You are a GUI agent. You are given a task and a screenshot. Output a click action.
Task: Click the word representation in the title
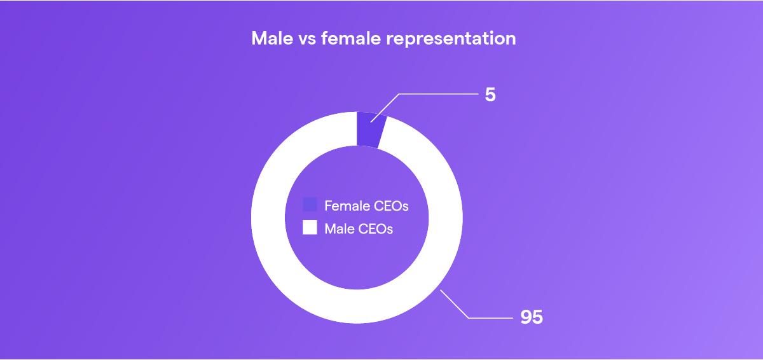451,39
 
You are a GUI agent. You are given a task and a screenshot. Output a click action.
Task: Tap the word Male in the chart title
272,38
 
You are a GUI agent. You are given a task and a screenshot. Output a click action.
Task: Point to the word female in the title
351,38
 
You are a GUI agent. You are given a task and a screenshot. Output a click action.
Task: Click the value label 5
490,95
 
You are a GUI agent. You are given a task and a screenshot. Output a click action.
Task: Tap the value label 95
532,317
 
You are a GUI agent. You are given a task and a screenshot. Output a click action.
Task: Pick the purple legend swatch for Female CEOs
310,204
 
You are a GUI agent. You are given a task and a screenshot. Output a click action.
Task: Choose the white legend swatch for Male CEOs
310,227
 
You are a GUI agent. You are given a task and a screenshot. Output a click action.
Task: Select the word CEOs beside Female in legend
391,206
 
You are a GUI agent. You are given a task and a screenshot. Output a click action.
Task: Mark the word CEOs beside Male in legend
376,229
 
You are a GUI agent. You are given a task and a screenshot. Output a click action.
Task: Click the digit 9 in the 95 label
526,317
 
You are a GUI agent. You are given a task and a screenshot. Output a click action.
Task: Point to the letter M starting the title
259,38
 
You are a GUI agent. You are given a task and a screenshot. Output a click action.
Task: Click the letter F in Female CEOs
328,206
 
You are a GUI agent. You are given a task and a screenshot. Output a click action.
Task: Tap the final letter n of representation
511,40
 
